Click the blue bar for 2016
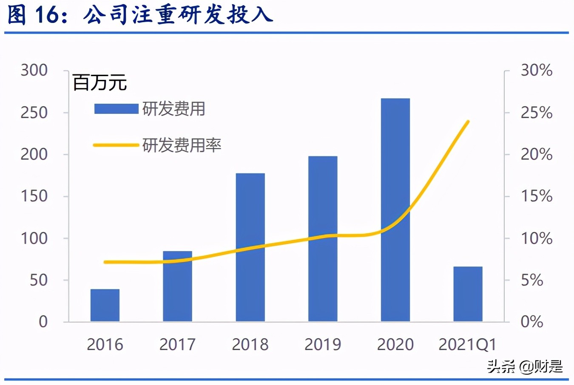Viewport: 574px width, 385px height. (105, 305)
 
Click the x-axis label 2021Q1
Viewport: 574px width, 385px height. (467, 344)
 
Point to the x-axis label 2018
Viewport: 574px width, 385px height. (250, 344)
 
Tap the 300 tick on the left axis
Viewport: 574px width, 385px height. (34, 70)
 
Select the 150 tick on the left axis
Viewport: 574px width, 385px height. (34, 196)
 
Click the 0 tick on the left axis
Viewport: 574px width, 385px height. (43, 322)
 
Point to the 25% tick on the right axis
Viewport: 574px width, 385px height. (537, 113)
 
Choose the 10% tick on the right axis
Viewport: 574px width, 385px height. (537, 238)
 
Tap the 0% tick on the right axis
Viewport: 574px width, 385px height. (532, 322)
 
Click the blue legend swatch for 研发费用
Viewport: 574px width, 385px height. (116, 109)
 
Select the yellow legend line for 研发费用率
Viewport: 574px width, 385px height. (116, 145)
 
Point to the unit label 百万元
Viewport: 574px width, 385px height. (99, 82)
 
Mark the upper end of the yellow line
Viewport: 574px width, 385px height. (468, 122)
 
